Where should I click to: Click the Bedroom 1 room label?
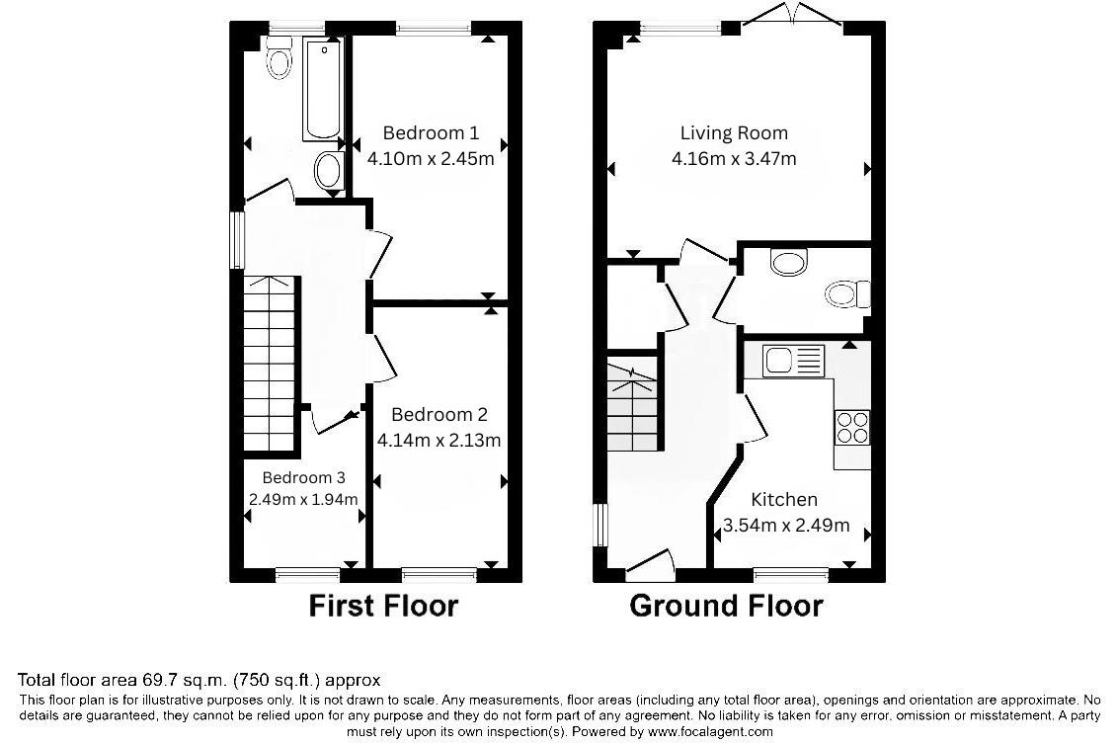pos(431,133)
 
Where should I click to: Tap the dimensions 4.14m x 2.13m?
pos(439,441)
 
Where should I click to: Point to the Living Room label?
pos(734,133)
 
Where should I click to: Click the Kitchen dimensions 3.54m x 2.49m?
pos(786,526)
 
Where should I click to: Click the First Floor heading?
pos(383,606)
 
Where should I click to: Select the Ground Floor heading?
pos(726,606)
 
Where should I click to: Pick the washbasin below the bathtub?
pos(329,171)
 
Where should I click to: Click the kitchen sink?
pos(793,360)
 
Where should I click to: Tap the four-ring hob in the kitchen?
pos(852,428)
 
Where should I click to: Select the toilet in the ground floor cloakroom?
pos(847,293)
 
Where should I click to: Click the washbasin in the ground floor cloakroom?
pos(788,262)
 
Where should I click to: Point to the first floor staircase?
pos(270,363)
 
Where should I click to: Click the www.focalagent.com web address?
pos(709,731)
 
